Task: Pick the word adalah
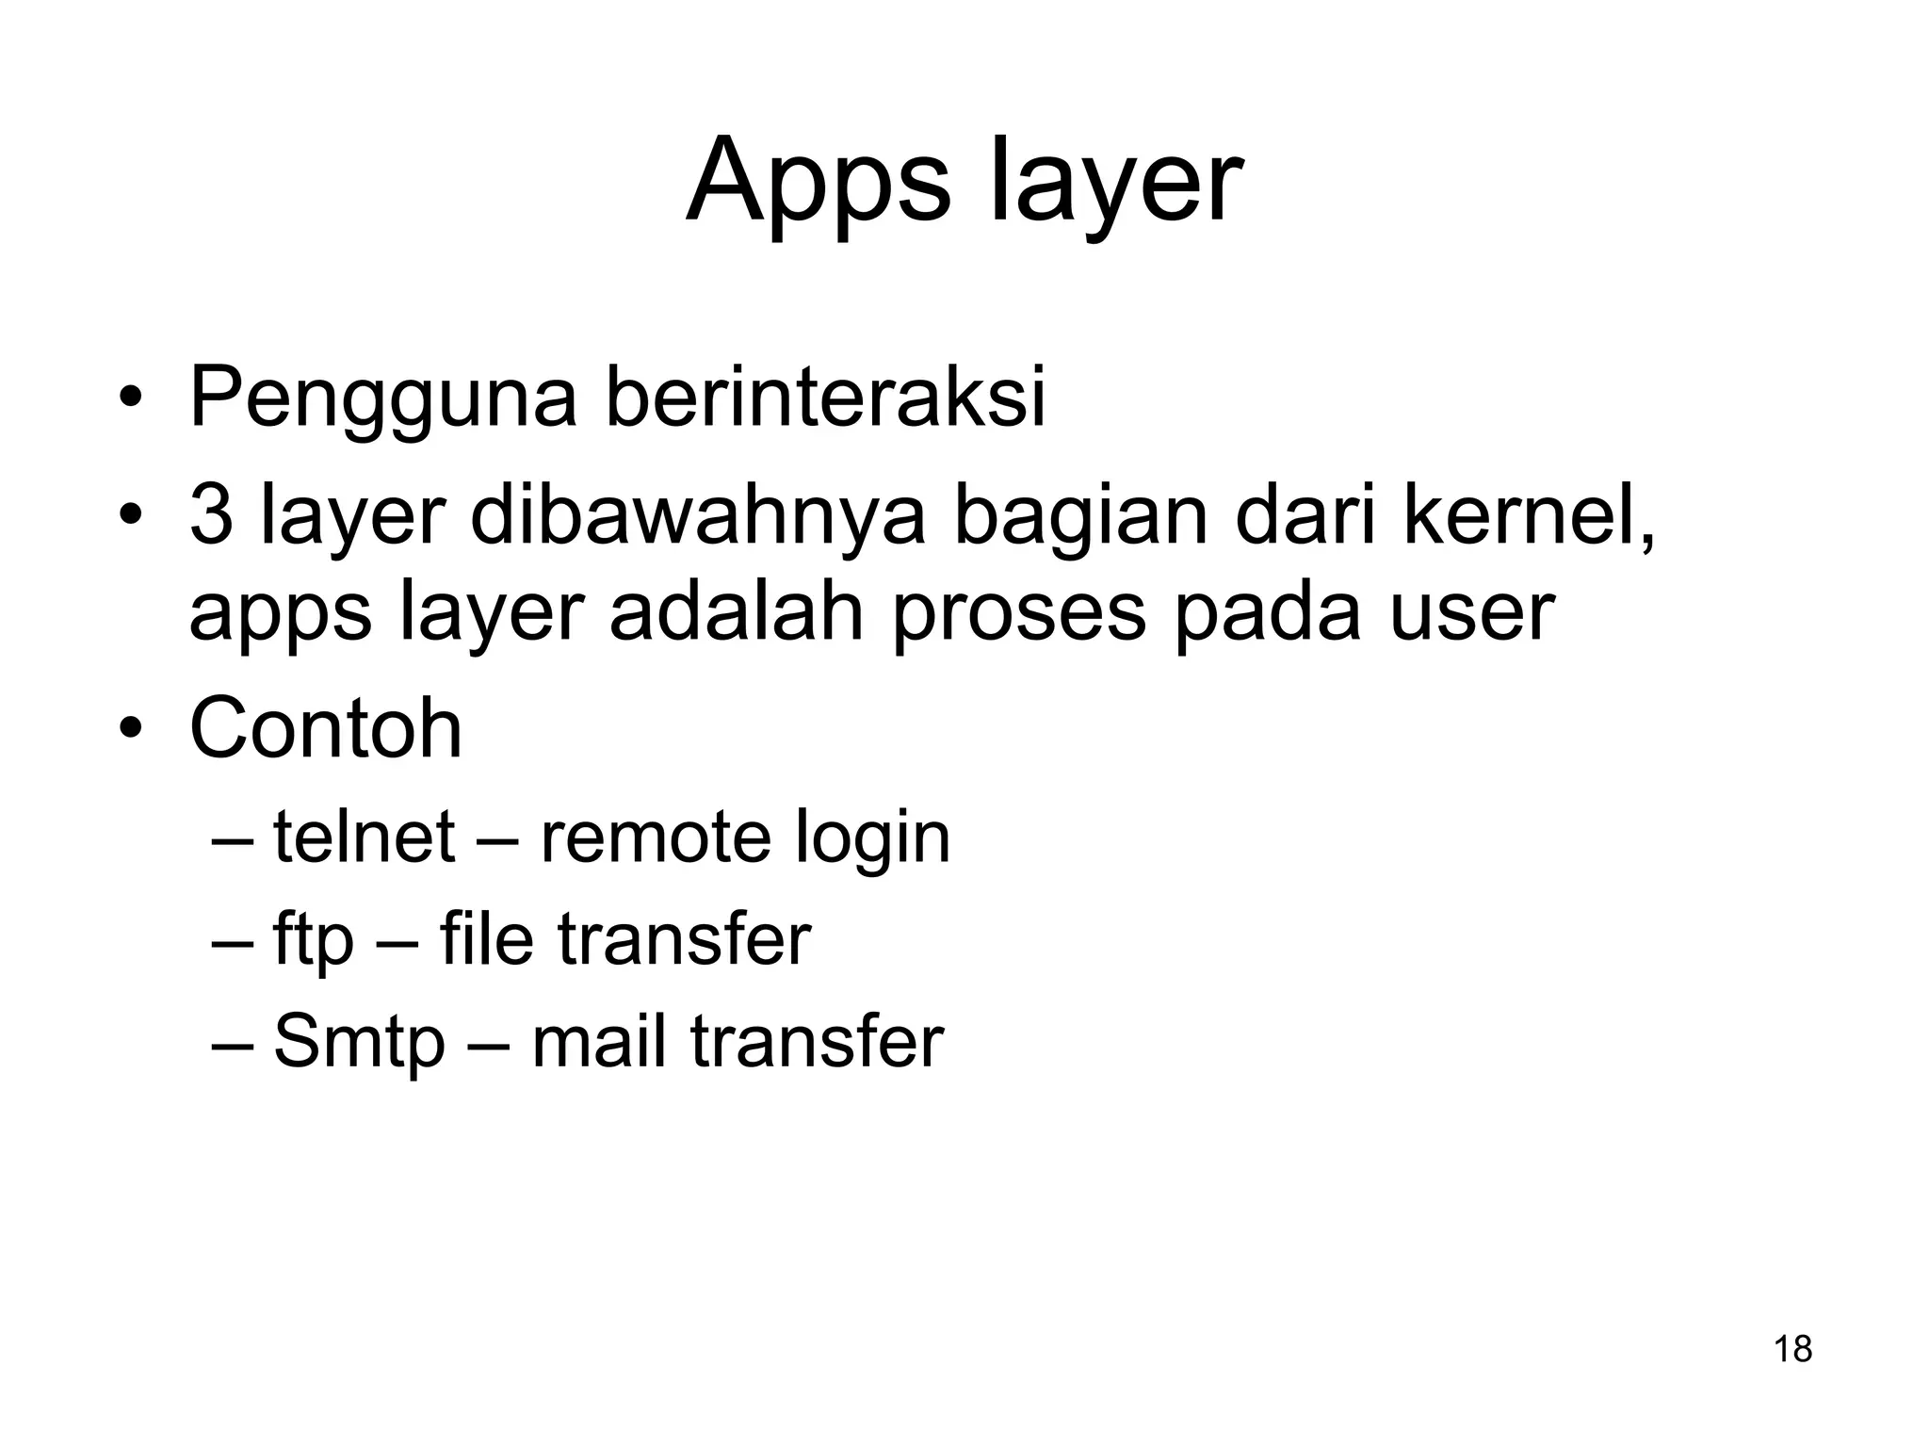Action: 737,612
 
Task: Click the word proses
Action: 1019,614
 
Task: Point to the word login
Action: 872,838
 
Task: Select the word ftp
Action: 313,939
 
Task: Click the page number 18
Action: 1792,1349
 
